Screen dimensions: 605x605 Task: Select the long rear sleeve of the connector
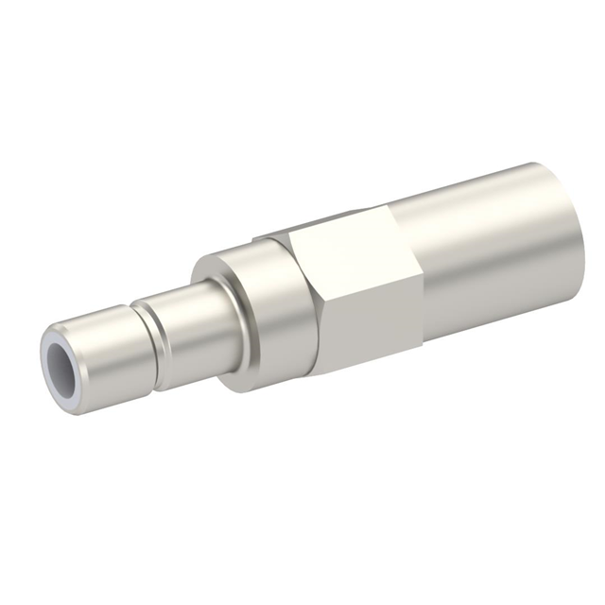[492, 255]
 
